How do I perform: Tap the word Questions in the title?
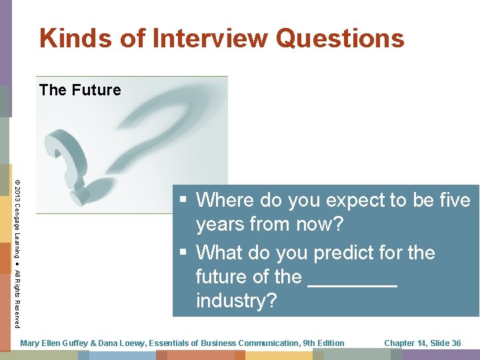coord(340,38)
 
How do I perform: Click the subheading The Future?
coord(80,90)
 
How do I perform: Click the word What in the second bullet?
coord(221,253)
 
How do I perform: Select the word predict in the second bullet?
coord(345,253)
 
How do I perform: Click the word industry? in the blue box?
coord(236,301)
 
